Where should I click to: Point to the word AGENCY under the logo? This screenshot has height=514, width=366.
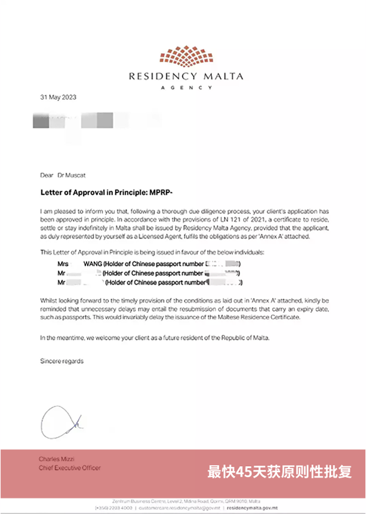click(183, 87)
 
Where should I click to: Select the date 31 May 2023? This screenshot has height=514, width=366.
click(58, 97)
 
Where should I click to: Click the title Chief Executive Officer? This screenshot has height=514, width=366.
click(70, 468)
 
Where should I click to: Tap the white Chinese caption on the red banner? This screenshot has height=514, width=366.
click(279, 472)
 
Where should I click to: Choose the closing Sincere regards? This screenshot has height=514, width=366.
click(62, 362)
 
